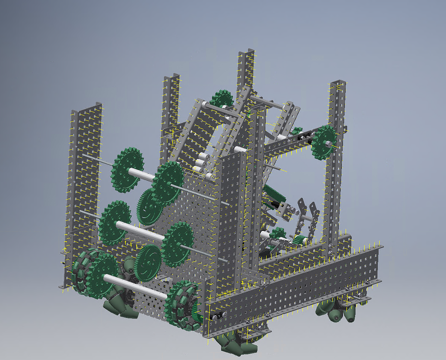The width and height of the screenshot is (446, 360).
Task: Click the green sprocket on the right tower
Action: (324, 141)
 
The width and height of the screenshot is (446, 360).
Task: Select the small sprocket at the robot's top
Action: (222, 101)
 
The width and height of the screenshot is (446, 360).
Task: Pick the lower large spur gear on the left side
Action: (148, 262)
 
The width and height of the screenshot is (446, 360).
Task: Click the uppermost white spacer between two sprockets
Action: (142, 175)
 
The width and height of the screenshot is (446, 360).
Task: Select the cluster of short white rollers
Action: (203, 165)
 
